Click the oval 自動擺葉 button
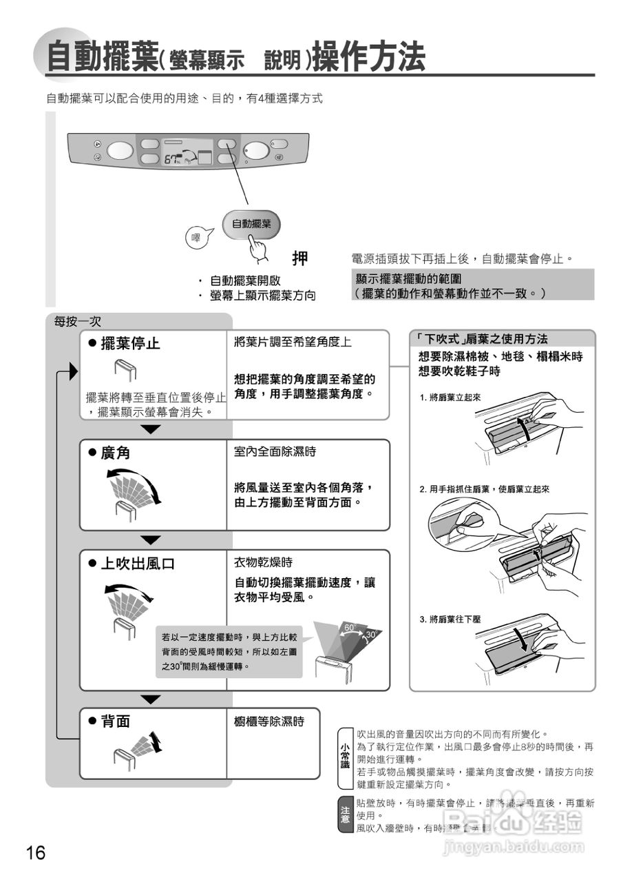click(251, 224)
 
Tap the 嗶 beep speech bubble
click(196, 238)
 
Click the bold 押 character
click(299, 259)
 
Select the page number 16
click(36, 853)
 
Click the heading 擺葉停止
click(130, 343)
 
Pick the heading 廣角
click(115, 453)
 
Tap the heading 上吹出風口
click(138, 564)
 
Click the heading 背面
click(115, 721)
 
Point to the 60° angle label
click(350, 628)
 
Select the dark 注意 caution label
click(345, 814)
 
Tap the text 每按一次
click(78, 322)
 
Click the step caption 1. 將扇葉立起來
click(450, 398)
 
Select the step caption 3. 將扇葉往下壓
click(450, 619)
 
